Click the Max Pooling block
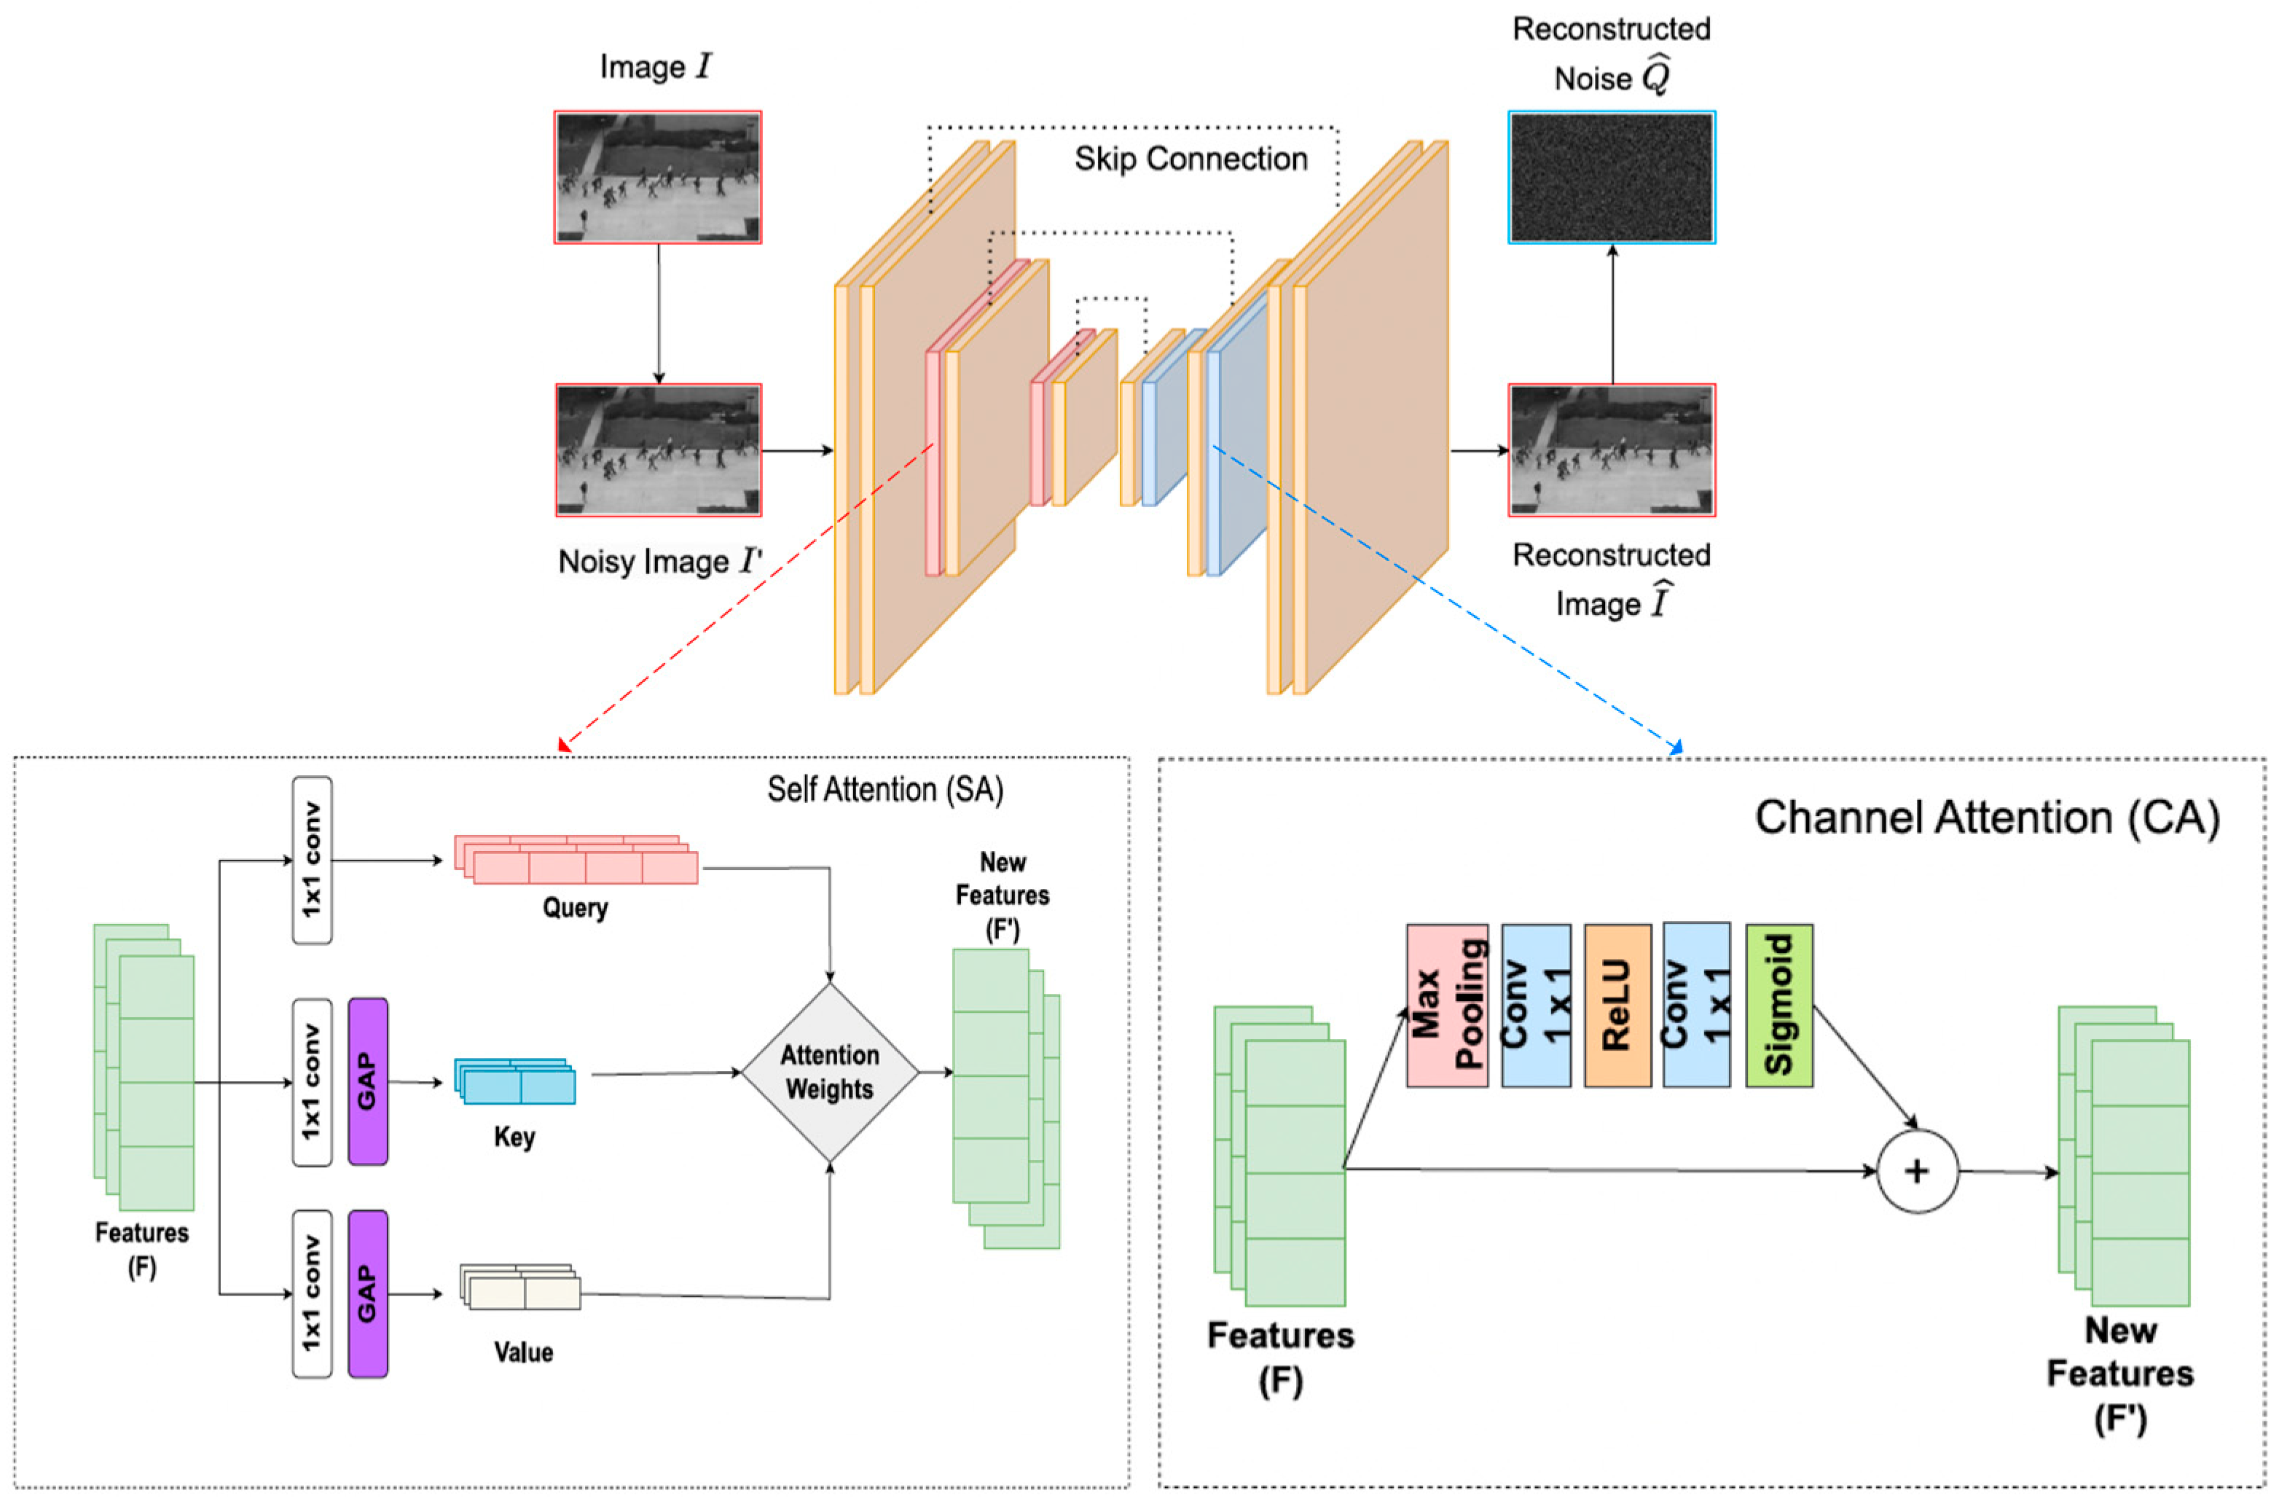coord(1446,1006)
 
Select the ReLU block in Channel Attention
coord(1617,1006)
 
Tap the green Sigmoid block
coord(1779,1006)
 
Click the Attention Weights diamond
coord(829,1072)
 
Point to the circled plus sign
coord(1917,1171)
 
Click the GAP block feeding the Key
coord(367,1082)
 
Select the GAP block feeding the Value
coord(367,1293)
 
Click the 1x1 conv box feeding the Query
coord(312,861)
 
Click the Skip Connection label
coord(1191,159)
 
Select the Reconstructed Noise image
coord(1612,177)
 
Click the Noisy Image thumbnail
coord(658,450)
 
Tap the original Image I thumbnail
coord(658,177)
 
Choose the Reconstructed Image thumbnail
coord(1612,450)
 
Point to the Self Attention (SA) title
coord(885,790)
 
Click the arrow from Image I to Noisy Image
coord(658,313)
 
